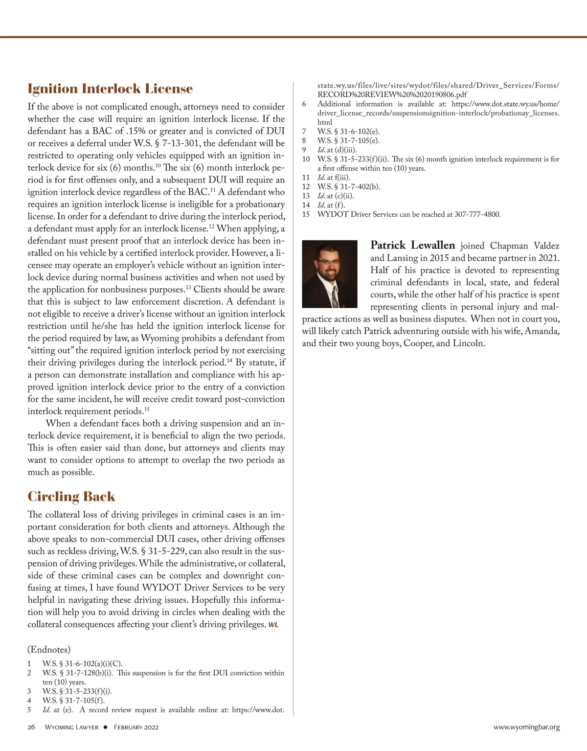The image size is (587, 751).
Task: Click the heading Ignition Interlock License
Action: point(110,89)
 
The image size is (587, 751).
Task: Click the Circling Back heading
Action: point(71,496)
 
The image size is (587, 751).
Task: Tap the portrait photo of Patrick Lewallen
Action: point(330,274)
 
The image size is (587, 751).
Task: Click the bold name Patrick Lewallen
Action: point(412,245)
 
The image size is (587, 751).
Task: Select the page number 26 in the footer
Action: point(31,727)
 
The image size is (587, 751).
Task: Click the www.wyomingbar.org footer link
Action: point(526,727)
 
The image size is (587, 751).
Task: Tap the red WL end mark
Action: point(273,625)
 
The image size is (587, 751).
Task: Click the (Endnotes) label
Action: point(49,650)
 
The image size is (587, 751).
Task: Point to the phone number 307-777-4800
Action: point(477,214)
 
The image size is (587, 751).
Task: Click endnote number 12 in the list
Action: point(306,186)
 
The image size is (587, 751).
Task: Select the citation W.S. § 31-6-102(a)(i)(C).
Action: point(82,663)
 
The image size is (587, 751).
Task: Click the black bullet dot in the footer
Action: point(105,727)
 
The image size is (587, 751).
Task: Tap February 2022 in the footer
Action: point(136,727)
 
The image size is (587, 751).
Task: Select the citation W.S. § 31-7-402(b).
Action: point(348,186)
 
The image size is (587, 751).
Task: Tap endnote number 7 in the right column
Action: point(304,131)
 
